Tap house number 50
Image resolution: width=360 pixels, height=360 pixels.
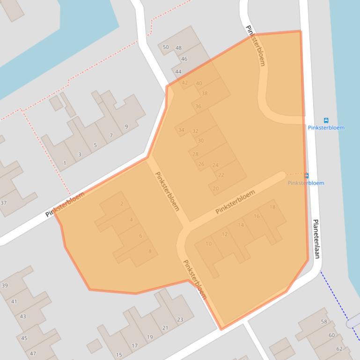tap(166, 47)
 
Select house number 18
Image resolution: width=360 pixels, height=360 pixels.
tap(272, 207)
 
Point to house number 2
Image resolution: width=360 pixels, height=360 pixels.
tap(122, 204)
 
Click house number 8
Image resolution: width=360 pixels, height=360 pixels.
tap(150, 252)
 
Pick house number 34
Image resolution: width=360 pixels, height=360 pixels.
tap(181, 130)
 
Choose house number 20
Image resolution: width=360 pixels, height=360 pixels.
tap(216, 189)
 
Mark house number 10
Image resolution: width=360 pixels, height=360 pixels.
tap(208, 244)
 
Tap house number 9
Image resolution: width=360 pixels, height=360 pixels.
tap(126, 127)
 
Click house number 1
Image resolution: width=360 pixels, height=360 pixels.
tap(65, 163)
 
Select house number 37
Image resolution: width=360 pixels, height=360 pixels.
tap(4, 203)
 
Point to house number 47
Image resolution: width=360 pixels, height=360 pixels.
tap(33, 354)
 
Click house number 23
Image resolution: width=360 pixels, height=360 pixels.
tap(180, 320)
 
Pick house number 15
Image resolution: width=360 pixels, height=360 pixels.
tap(119, 355)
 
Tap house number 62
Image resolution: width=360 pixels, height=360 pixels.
tap(339, 349)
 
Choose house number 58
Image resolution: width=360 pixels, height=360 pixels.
tap(324, 322)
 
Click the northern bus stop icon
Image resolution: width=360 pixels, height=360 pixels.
tap(326, 120)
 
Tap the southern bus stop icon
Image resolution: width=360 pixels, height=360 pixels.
tap(307, 176)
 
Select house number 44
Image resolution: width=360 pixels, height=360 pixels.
tap(178, 72)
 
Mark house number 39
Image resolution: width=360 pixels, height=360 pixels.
tap(5, 286)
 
